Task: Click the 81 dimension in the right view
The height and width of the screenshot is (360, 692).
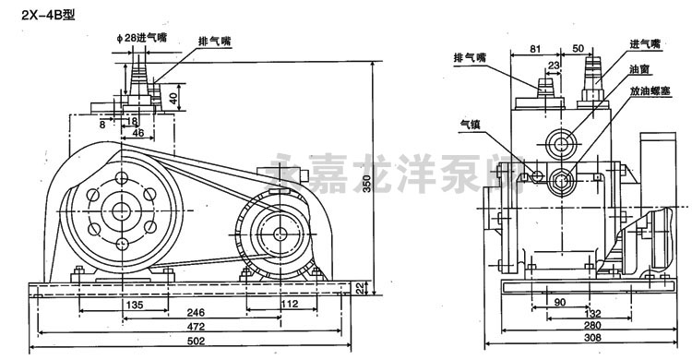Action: [535, 47]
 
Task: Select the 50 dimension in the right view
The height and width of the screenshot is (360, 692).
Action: [577, 47]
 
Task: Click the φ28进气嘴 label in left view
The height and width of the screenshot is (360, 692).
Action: [141, 37]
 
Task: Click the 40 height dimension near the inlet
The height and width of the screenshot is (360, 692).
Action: [173, 97]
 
